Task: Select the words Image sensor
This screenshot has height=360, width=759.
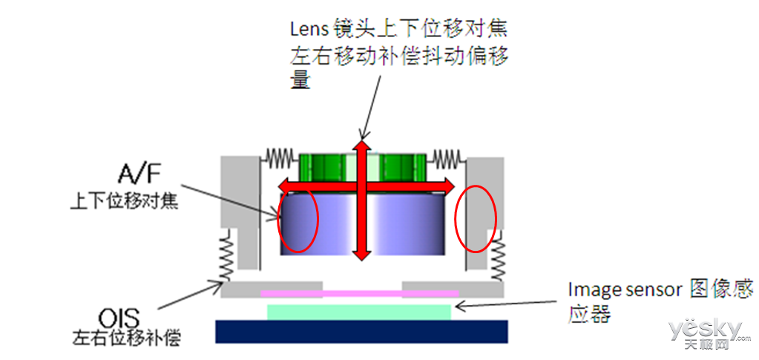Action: (625, 290)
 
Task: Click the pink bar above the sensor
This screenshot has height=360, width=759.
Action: (360, 293)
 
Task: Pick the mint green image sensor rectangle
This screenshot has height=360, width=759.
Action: (359, 312)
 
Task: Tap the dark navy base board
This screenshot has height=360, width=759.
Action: (361, 331)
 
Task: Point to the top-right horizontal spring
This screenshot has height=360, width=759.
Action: (447, 156)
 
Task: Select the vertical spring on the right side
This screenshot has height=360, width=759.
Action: (497, 255)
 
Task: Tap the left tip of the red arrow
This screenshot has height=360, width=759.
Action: (277, 186)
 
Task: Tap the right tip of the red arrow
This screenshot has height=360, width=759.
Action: (455, 186)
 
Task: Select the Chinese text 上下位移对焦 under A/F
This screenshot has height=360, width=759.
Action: (124, 200)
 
